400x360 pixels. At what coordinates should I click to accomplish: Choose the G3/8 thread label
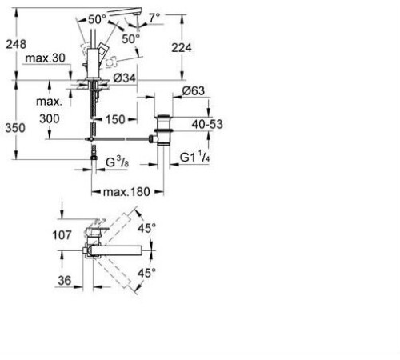(x=119, y=161)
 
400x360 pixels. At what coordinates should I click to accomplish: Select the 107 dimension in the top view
(x=43, y=236)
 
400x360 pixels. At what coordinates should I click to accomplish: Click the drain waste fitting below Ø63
(x=163, y=128)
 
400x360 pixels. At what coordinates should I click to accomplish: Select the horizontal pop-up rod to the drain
(x=124, y=140)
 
